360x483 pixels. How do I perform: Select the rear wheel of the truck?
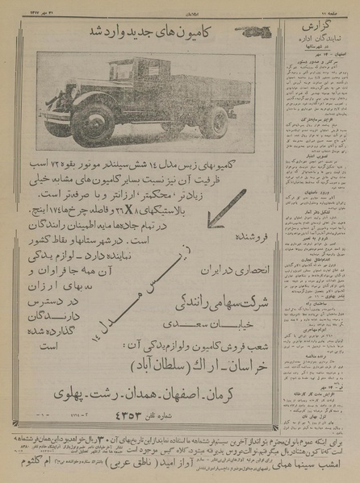coord(213,121)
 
